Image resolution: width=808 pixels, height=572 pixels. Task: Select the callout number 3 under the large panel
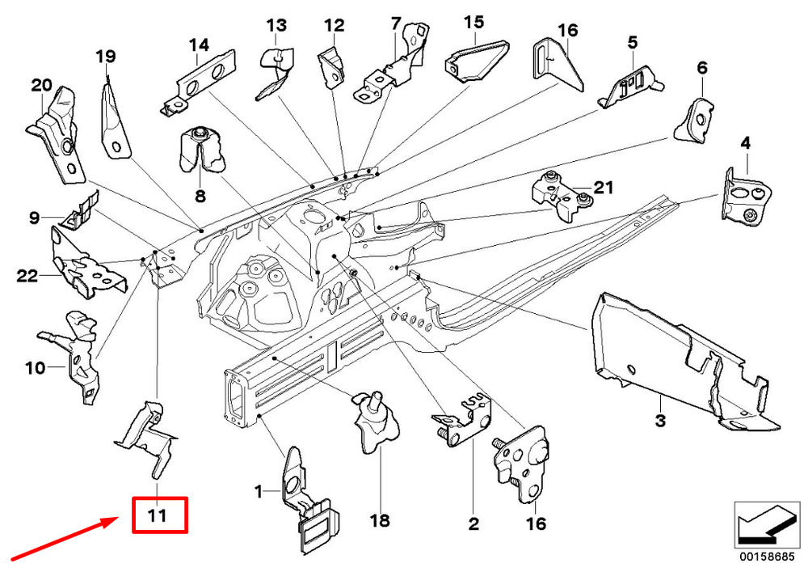pyautogui.click(x=660, y=421)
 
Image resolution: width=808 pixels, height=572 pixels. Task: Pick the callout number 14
pyautogui.click(x=199, y=45)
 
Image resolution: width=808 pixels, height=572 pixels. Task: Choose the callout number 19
pyautogui.click(x=106, y=56)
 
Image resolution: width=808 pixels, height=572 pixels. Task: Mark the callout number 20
pyautogui.click(x=41, y=84)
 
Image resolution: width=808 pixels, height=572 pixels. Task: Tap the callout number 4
pyautogui.click(x=745, y=143)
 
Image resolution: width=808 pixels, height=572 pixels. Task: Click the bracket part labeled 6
pyautogui.click(x=696, y=120)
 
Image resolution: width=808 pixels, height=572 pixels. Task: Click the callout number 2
pyautogui.click(x=473, y=524)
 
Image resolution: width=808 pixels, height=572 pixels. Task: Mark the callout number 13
pyautogui.click(x=276, y=25)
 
